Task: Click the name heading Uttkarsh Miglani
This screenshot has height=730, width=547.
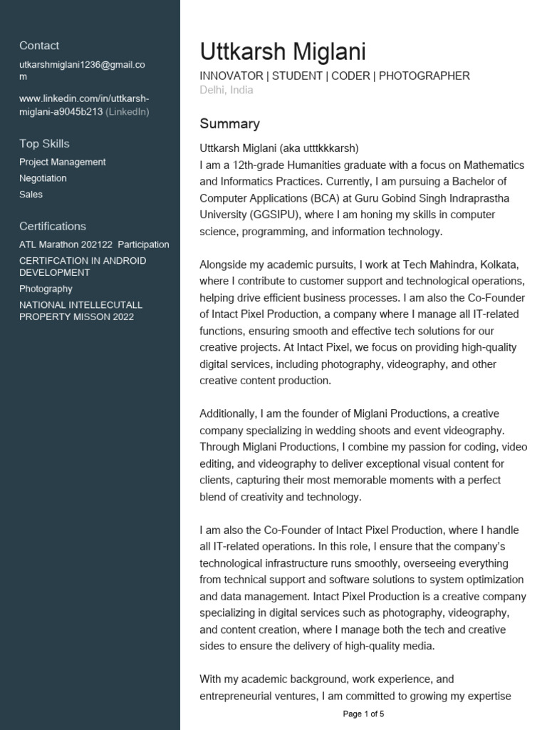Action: point(283,52)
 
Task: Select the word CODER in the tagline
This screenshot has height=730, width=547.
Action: point(349,76)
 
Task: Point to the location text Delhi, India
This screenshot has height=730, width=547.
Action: point(226,91)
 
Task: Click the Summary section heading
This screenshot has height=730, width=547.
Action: point(229,124)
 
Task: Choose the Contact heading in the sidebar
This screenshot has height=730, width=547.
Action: point(39,46)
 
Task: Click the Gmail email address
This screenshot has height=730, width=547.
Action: point(81,71)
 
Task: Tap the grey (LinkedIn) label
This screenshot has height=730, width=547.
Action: point(127,112)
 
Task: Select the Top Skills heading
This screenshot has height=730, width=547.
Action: point(44,144)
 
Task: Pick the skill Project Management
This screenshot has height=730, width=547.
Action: point(62,162)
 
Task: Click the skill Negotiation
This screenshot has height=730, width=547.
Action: point(43,178)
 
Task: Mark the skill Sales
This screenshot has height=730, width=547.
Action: point(31,195)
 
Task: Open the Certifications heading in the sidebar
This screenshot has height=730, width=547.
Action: point(52,227)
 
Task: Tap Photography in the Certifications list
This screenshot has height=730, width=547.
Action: point(46,289)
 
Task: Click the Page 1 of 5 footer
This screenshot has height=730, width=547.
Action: point(363,714)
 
